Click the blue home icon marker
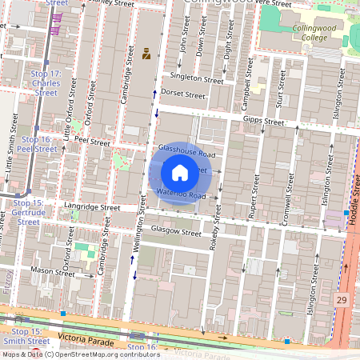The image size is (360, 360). pos(180,172)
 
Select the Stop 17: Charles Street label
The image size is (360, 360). pos(46,82)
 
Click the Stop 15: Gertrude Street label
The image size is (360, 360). pos(28,212)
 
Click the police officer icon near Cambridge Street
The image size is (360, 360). pos(146,54)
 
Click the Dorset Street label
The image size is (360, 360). pos(183,94)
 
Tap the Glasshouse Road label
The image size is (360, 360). pos(186,150)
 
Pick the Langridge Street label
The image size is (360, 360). pos(92,206)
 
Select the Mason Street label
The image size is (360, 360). pos(53,272)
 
